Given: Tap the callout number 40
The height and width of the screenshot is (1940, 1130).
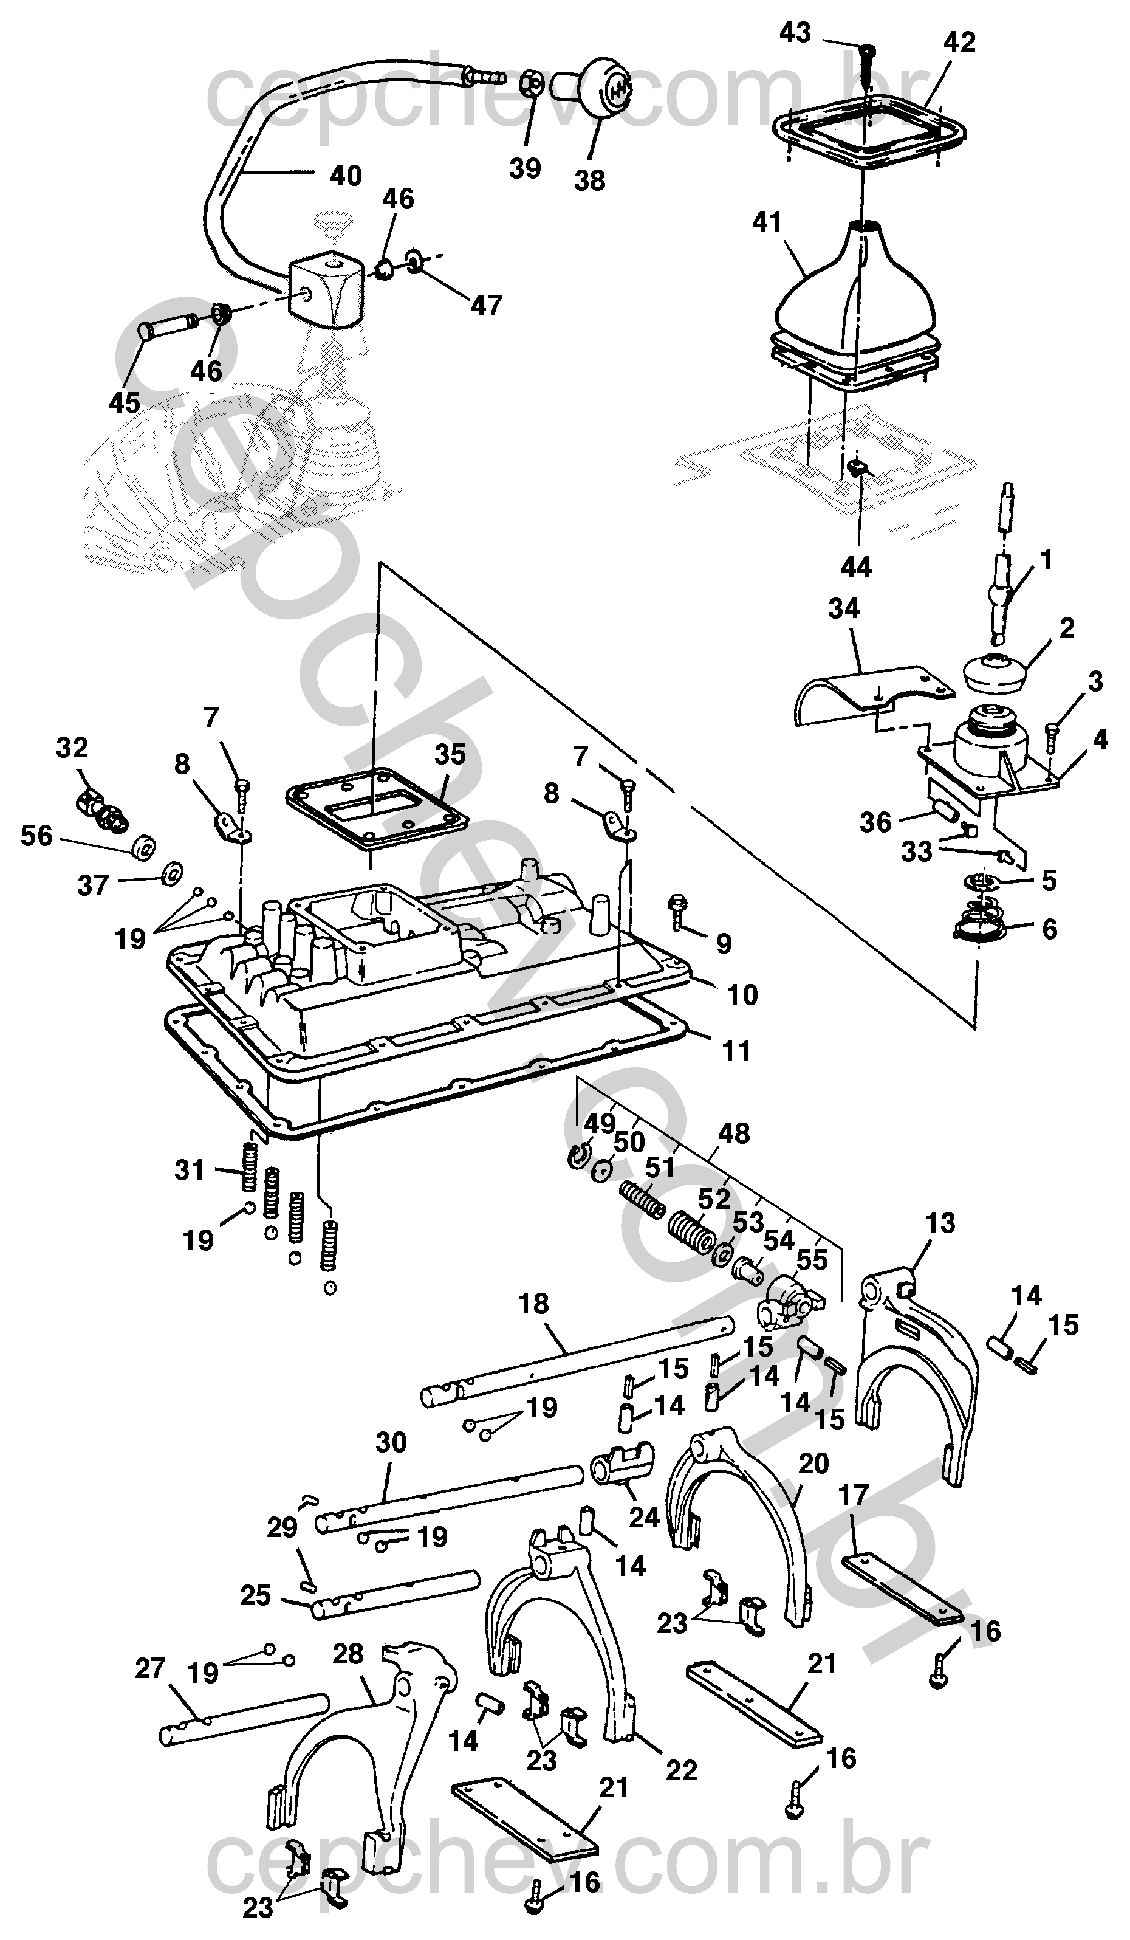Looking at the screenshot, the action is pos(346,176).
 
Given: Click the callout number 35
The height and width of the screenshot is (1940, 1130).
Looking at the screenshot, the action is pos(450,754).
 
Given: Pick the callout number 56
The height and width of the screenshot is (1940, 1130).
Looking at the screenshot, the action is pos(37,836).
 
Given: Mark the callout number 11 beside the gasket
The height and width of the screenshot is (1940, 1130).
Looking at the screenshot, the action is pos(736,1050).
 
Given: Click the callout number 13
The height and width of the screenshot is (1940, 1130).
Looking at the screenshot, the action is pos(940,1222).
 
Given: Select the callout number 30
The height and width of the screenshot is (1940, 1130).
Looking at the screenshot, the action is pos(391,1441).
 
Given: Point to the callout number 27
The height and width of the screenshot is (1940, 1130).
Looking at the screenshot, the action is pos(150,1668).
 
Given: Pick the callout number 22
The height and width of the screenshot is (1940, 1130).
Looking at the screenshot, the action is pos(681,1770).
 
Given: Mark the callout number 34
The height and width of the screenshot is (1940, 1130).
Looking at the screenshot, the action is pos(844,608).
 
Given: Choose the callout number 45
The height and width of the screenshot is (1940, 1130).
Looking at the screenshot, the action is pos(125,402).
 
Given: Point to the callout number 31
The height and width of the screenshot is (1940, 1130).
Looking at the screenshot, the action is pos(190,1169).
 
